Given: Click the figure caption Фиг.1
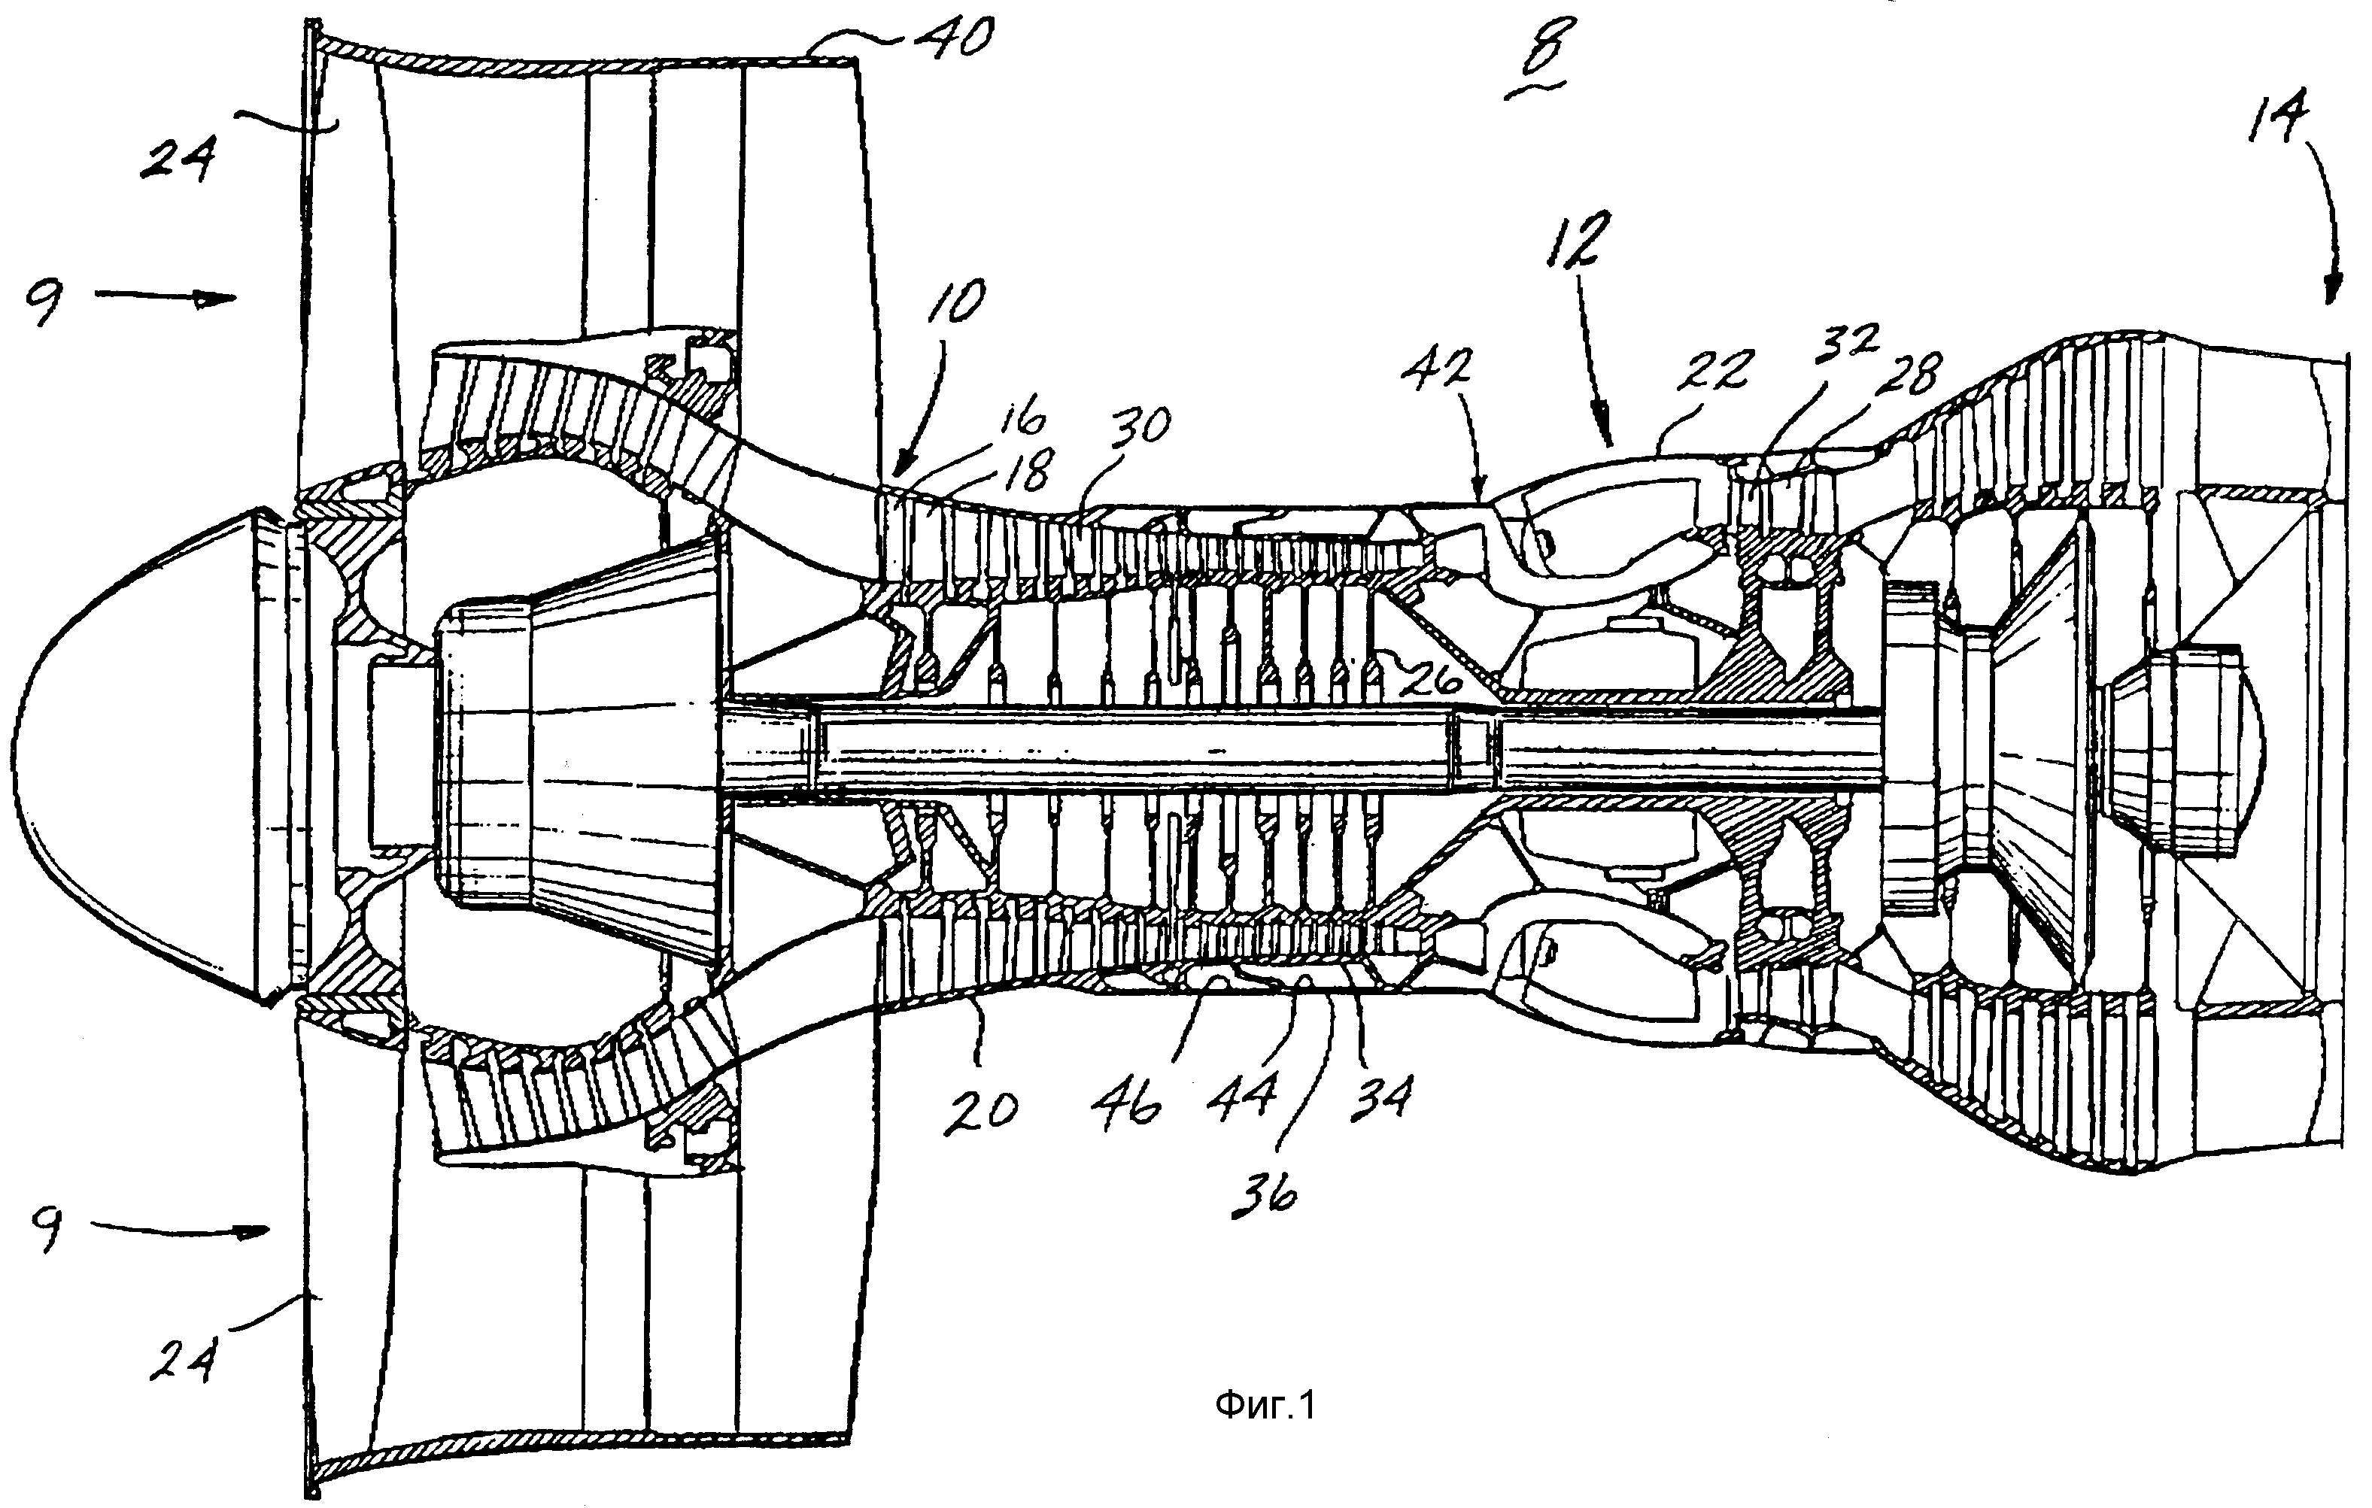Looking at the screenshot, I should point(1265,1404).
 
